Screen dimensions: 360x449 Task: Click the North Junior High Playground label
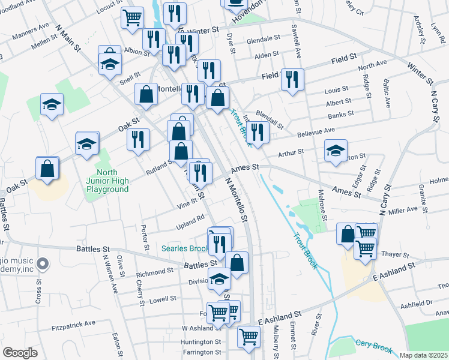coord(109,181)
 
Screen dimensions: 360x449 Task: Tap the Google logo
coord(20,353)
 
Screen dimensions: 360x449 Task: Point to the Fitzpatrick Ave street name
coord(73,323)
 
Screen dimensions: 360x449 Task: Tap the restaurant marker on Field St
coord(292,79)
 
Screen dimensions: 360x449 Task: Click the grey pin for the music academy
coord(42,263)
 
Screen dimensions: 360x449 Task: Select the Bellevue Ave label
coord(316,131)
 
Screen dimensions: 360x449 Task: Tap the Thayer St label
coord(394,254)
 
